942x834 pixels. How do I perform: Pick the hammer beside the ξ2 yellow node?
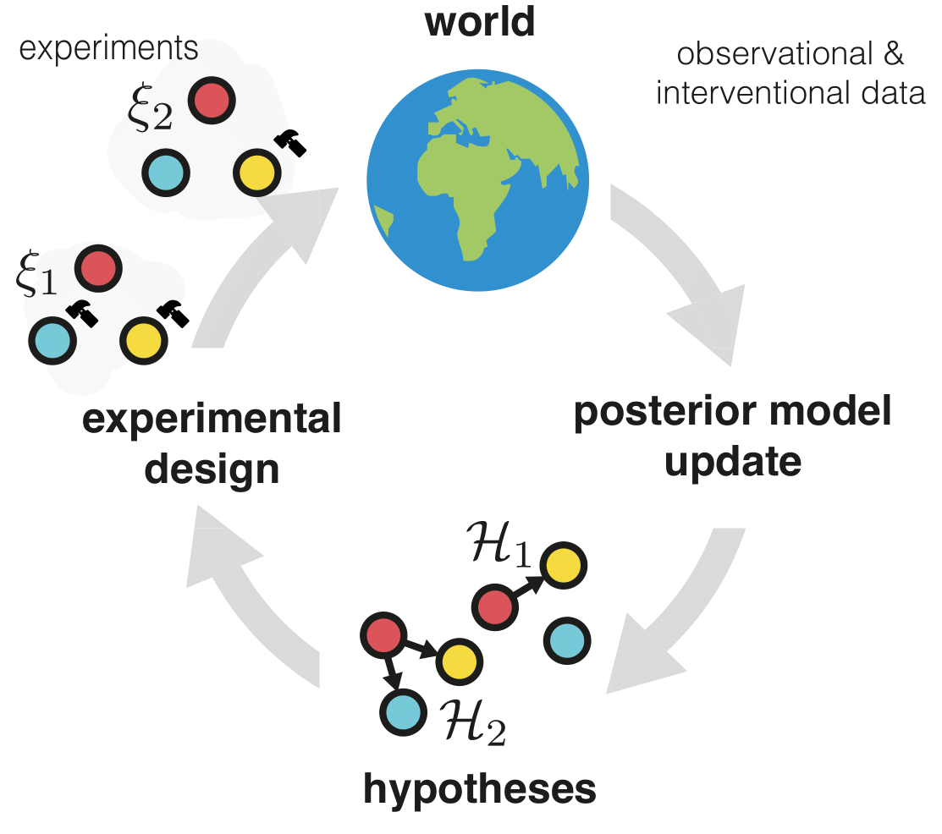click(293, 144)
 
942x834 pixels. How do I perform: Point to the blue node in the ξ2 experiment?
click(166, 172)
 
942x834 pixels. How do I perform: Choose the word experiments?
click(107, 49)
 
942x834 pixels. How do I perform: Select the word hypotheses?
click(480, 789)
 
